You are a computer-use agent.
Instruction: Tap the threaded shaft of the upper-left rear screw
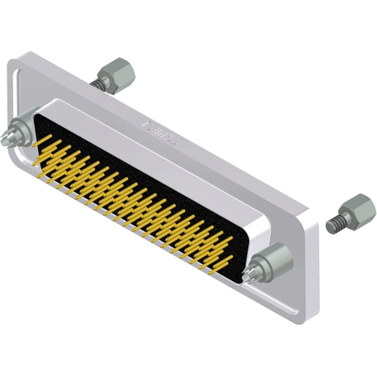pyautogui.click(x=98, y=82)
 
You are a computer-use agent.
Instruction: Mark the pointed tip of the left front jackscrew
pyautogui.click(x=8, y=136)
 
